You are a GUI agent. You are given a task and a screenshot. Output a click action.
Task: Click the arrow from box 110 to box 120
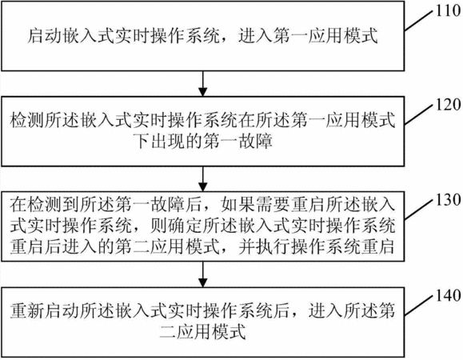[202, 83]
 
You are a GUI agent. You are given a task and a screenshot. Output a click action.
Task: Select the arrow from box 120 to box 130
[202, 179]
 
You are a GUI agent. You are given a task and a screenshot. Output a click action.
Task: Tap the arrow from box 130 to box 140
[202, 274]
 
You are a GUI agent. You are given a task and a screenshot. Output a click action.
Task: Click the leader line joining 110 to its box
[420, 20]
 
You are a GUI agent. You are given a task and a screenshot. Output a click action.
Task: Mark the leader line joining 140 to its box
[420, 305]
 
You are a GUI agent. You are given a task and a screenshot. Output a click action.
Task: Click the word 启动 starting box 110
[45, 36]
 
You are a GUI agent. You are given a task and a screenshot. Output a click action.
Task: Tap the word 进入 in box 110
[255, 36]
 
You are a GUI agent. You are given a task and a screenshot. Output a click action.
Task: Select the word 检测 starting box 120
[27, 120]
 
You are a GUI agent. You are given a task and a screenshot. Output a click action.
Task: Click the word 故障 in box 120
[255, 141]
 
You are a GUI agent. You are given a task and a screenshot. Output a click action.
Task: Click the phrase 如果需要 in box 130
[255, 204]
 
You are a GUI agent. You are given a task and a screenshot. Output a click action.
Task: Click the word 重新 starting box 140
[27, 310]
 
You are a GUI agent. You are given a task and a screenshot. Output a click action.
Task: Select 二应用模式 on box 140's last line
[202, 332]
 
